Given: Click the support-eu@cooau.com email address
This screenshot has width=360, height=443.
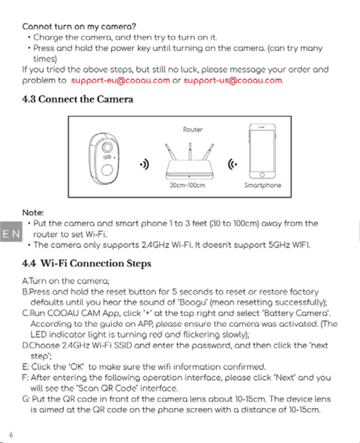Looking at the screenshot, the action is [x=121, y=81].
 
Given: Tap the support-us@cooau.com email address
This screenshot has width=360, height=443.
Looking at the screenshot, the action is [x=233, y=81].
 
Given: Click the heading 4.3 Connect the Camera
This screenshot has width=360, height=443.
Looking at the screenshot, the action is [x=78, y=99].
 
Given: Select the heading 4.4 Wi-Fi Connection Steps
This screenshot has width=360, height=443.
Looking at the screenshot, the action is [x=87, y=263].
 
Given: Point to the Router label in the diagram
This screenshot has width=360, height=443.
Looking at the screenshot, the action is [x=192, y=130].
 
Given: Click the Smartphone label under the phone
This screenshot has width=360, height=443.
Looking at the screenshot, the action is [x=263, y=186].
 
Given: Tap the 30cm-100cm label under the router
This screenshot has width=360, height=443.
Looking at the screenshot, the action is [x=188, y=186].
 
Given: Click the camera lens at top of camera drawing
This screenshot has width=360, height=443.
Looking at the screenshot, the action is [x=107, y=147].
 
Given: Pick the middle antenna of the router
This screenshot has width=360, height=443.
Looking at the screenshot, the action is [x=190, y=151].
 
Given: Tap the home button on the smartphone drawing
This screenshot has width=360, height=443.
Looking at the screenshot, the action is [x=262, y=175].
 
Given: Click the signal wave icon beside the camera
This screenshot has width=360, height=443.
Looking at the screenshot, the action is [x=145, y=164].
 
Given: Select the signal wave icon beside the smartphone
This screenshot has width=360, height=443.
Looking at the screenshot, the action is [x=232, y=164].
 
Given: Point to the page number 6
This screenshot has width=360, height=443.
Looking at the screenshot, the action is [x=11, y=435].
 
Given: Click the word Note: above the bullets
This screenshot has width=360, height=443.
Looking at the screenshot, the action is [x=33, y=213].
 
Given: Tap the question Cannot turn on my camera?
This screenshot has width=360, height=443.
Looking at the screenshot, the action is [x=79, y=27].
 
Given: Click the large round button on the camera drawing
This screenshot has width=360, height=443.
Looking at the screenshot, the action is [x=107, y=170].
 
